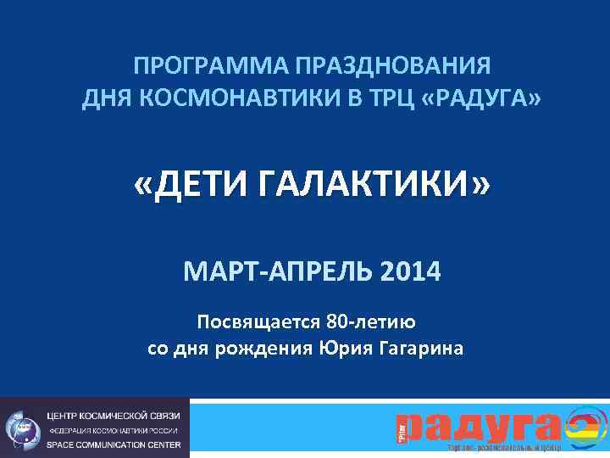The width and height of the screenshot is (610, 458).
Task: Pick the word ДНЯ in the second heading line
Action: (106, 101)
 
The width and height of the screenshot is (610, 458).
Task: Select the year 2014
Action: (412, 273)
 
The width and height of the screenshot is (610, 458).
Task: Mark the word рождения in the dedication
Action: (272, 349)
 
